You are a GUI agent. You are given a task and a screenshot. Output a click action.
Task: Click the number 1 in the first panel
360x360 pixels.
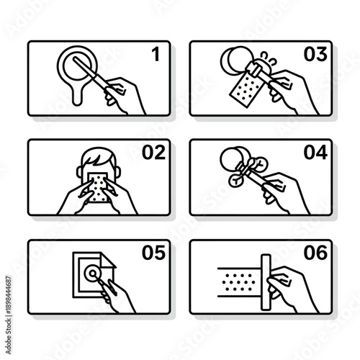(154, 55)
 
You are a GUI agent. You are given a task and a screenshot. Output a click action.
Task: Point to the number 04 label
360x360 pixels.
(315, 153)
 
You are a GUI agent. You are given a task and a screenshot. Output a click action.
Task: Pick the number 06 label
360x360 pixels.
(315, 252)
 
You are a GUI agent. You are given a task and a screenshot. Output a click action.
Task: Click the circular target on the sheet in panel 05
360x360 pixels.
(93, 274)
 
